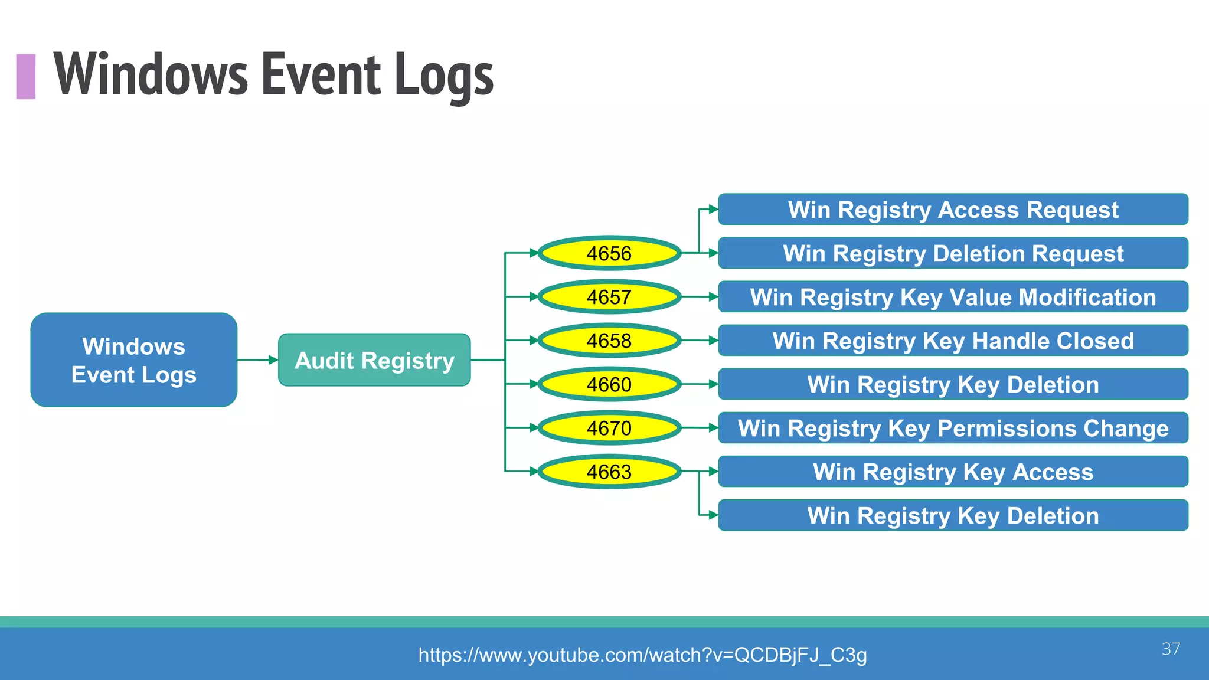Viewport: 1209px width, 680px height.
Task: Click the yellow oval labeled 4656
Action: pyautogui.click(x=609, y=253)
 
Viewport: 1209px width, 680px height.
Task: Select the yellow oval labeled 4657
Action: pyautogui.click(x=609, y=297)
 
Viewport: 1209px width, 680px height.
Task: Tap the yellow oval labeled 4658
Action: pyautogui.click(x=609, y=341)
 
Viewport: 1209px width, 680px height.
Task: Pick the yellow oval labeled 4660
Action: pyautogui.click(x=609, y=384)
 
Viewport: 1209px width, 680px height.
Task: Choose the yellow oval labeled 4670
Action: pyautogui.click(x=609, y=428)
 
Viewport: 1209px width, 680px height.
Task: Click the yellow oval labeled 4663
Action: pyautogui.click(x=609, y=472)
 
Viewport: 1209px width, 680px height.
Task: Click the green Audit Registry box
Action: pyautogui.click(x=374, y=360)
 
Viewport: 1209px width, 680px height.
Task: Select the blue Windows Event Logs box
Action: pyautogui.click(x=134, y=360)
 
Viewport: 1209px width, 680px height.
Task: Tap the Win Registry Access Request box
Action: pyautogui.click(x=953, y=210)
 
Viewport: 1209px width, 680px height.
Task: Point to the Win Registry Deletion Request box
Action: pyautogui.click(x=953, y=253)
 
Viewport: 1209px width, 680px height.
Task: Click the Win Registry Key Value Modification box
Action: pyautogui.click(x=953, y=297)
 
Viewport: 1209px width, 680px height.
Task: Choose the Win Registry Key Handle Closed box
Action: pyautogui.click(x=953, y=341)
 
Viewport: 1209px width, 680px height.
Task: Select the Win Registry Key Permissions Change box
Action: pyautogui.click(x=953, y=428)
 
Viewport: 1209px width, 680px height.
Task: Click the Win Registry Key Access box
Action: pyautogui.click(x=953, y=472)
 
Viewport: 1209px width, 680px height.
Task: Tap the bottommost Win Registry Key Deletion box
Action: pyautogui.click(x=953, y=515)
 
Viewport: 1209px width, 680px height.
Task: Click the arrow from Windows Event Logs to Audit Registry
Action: pyautogui.click(x=257, y=359)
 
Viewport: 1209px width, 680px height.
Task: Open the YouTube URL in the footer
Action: pyautogui.click(x=642, y=655)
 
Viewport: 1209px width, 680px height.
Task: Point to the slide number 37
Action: pyautogui.click(x=1171, y=649)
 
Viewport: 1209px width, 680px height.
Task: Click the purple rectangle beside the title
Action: pyautogui.click(x=26, y=76)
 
